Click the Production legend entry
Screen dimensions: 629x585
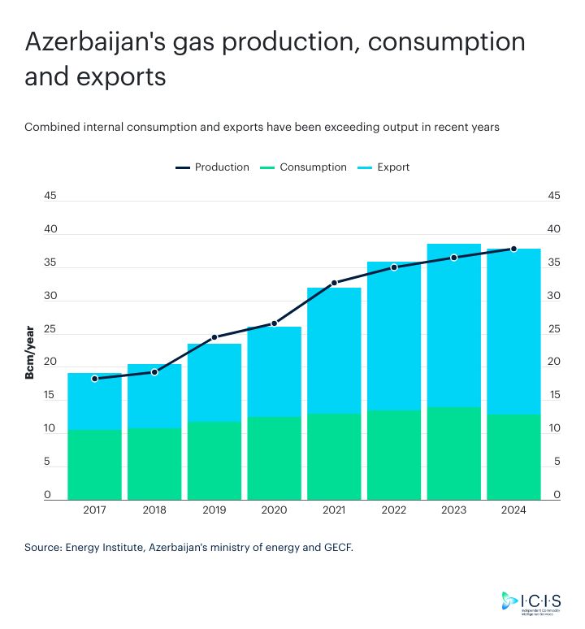coord(212,167)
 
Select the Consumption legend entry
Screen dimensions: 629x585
coord(303,167)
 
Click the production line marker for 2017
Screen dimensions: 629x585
coord(94,379)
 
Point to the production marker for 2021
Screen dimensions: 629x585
coord(334,283)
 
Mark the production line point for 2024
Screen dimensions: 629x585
coord(513,249)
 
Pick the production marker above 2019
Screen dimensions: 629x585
coord(214,336)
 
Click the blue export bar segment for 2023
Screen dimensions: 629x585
coord(453,325)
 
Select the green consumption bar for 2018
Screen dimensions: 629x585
coord(154,463)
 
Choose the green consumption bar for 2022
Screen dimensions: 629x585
coord(394,454)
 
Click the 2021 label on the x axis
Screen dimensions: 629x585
coord(334,510)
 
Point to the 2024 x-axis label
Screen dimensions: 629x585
coord(513,510)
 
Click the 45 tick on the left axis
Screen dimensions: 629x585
coord(50,196)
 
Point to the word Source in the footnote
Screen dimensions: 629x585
coord(42,548)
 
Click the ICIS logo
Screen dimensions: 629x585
coord(532,601)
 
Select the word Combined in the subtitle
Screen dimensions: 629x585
coord(50,128)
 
